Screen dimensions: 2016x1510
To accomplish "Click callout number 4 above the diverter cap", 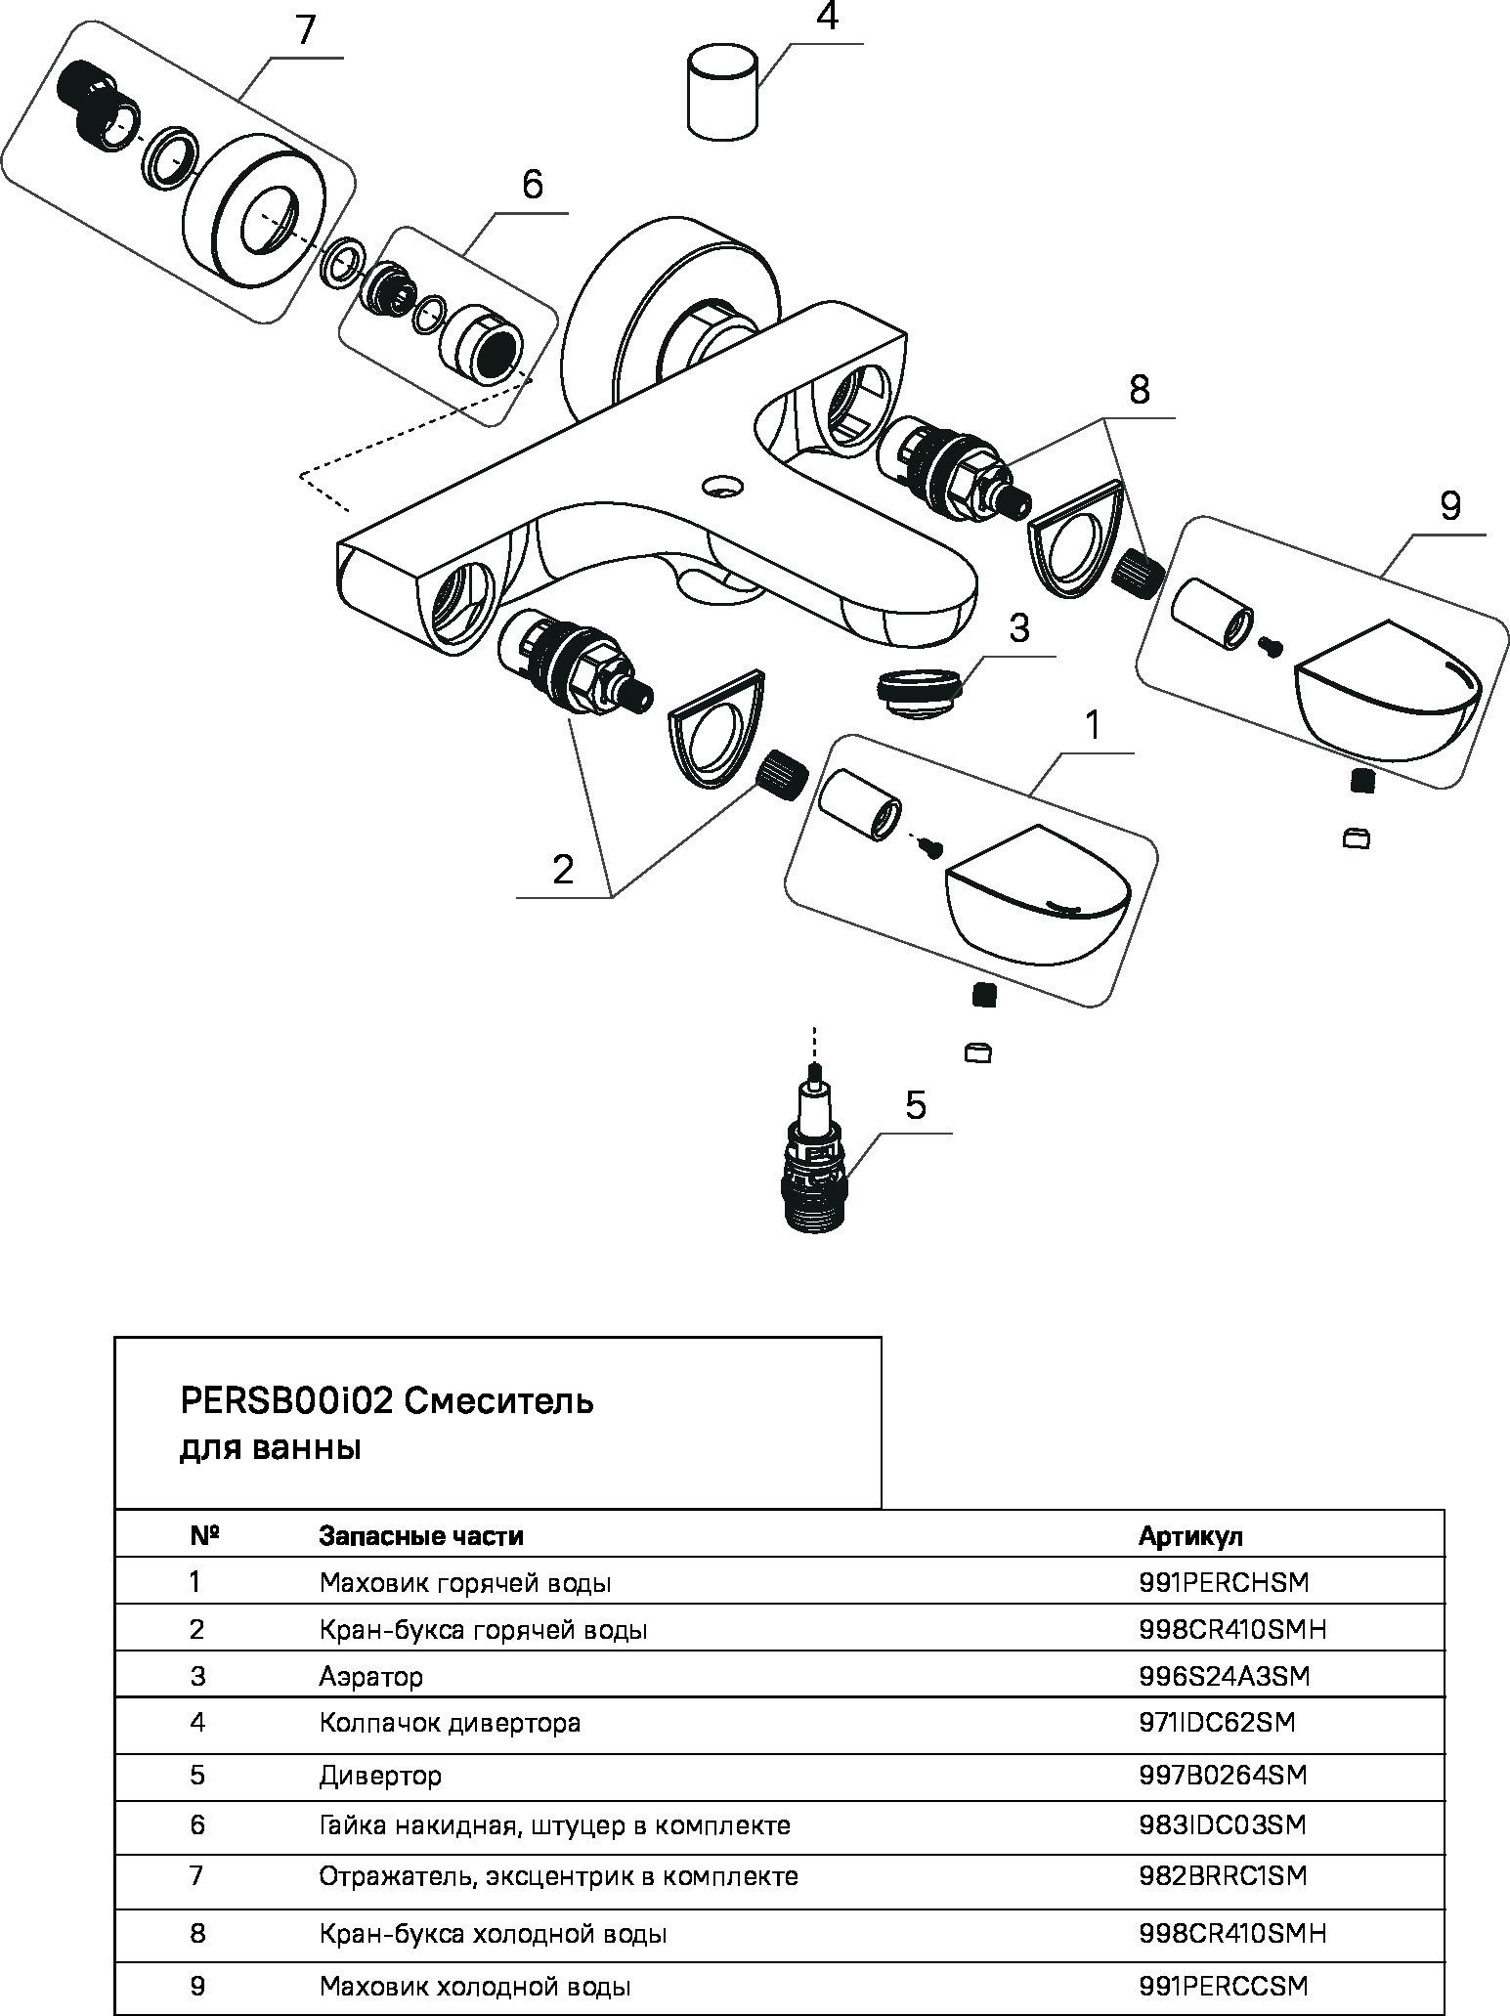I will [827, 18].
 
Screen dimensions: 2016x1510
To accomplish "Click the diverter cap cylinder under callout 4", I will [722, 95].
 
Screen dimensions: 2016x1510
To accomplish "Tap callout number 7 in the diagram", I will [306, 30].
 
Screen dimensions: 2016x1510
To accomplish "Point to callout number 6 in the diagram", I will [532, 185].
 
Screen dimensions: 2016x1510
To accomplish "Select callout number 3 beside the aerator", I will [1018, 628].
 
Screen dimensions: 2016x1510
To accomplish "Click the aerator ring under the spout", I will [918, 690].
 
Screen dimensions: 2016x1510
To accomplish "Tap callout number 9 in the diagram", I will [1450, 506].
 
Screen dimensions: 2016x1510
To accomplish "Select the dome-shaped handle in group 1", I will [1036, 889].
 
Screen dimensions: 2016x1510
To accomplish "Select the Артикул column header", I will [1189, 1536].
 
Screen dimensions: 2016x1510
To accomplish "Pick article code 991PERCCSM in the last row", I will [1223, 1986].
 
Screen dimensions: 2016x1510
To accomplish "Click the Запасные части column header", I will [421, 1536].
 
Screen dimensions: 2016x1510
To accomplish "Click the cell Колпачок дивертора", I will [450, 1722].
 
